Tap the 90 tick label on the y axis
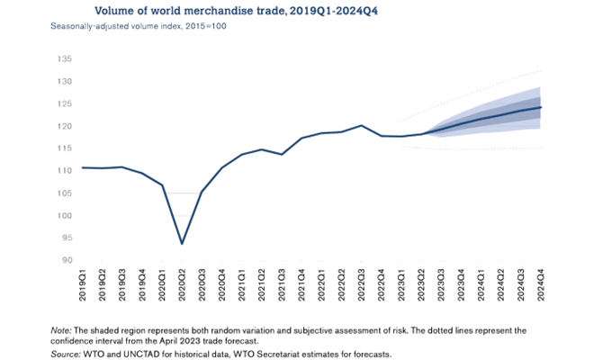click(x=66, y=261)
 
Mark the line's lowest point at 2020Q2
click(x=183, y=243)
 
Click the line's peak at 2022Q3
click(x=361, y=125)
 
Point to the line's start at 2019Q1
click(x=83, y=167)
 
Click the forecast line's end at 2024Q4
click(x=540, y=107)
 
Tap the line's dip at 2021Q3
click(x=282, y=154)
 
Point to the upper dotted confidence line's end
click(x=540, y=70)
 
